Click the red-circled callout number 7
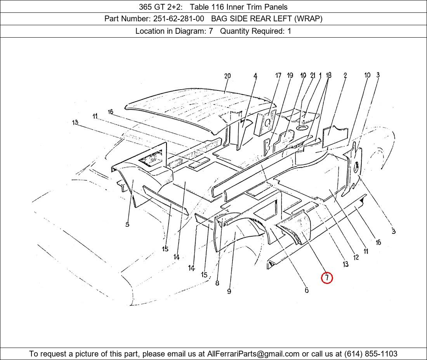click(327, 278)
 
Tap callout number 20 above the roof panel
click(227, 76)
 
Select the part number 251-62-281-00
click(179, 19)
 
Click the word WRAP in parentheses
click(307, 19)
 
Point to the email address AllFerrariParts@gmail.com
click(253, 354)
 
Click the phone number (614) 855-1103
click(371, 354)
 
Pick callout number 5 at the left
click(127, 225)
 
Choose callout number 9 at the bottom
click(229, 291)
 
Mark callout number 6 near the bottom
click(307, 290)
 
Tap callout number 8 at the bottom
click(217, 283)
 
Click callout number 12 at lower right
click(356, 257)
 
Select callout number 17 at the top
click(278, 75)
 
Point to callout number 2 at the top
click(345, 75)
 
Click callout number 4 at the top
click(255, 76)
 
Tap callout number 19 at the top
click(290, 75)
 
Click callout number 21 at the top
click(312, 75)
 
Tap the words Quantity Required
click(252, 31)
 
